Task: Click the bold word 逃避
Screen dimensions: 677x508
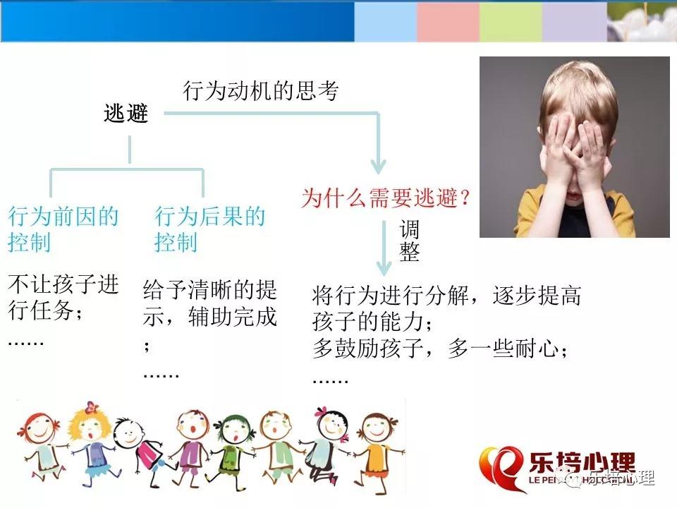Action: [126, 114]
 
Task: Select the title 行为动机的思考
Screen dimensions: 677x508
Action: [261, 91]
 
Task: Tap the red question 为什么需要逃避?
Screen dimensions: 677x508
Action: [385, 198]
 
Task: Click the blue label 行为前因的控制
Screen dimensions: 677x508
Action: [63, 229]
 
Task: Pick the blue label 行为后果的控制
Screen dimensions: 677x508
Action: [209, 229]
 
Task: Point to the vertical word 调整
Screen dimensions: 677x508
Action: [409, 240]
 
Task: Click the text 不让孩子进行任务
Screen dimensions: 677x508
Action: [63, 297]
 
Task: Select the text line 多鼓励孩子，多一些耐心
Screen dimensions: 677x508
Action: [439, 349]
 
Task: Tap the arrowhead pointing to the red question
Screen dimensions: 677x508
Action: [378, 166]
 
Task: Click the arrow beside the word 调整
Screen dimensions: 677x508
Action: [384, 248]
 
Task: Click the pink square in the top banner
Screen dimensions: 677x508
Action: [449, 22]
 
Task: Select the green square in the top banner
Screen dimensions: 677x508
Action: [511, 22]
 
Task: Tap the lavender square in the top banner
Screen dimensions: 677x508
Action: [574, 22]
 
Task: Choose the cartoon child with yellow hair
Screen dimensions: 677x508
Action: [91, 445]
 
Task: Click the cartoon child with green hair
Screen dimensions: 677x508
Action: [233, 449]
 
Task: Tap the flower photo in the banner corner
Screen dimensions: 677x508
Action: [642, 22]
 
